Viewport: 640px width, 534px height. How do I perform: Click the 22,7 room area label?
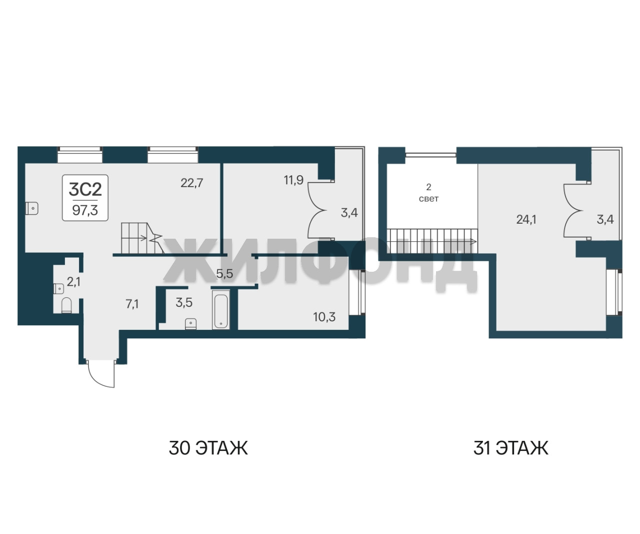pyautogui.click(x=192, y=183)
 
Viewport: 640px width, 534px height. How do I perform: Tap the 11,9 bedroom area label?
pyautogui.click(x=293, y=180)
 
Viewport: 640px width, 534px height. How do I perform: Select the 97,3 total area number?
pyautogui.click(x=85, y=210)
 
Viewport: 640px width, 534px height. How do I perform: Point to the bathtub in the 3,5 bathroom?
pyautogui.click(x=221, y=310)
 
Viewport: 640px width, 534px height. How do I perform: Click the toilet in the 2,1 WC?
pyautogui.click(x=66, y=305)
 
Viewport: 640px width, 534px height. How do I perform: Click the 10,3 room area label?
pyautogui.click(x=324, y=317)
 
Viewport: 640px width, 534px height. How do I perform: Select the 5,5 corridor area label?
pyautogui.click(x=224, y=274)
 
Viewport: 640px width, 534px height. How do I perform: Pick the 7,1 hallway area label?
pyautogui.click(x=132, y=304)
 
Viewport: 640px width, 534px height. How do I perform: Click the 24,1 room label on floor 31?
pyautogui.click(x=526, y=219)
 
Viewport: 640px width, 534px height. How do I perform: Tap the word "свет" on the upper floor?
pyautogui.click(x=428, y=199)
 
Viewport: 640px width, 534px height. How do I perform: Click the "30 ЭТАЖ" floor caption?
pyautogui.click(x=208, y=448)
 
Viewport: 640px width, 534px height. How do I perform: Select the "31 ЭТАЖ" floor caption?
pyautogui.click(x=511, y=448)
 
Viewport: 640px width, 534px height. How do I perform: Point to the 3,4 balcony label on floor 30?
pyautogui.click(x=349, y=212)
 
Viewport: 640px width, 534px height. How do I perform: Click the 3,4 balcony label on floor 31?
pyautogui.click(x=605, y=219)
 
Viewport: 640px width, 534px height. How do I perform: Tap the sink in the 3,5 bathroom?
pyautogui.click(x=191, y=323)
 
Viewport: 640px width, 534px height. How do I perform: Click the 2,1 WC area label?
pyautogui.click(x=73, y=281)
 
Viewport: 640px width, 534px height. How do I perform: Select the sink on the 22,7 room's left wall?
pyautogui.click(x=31, y=208)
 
